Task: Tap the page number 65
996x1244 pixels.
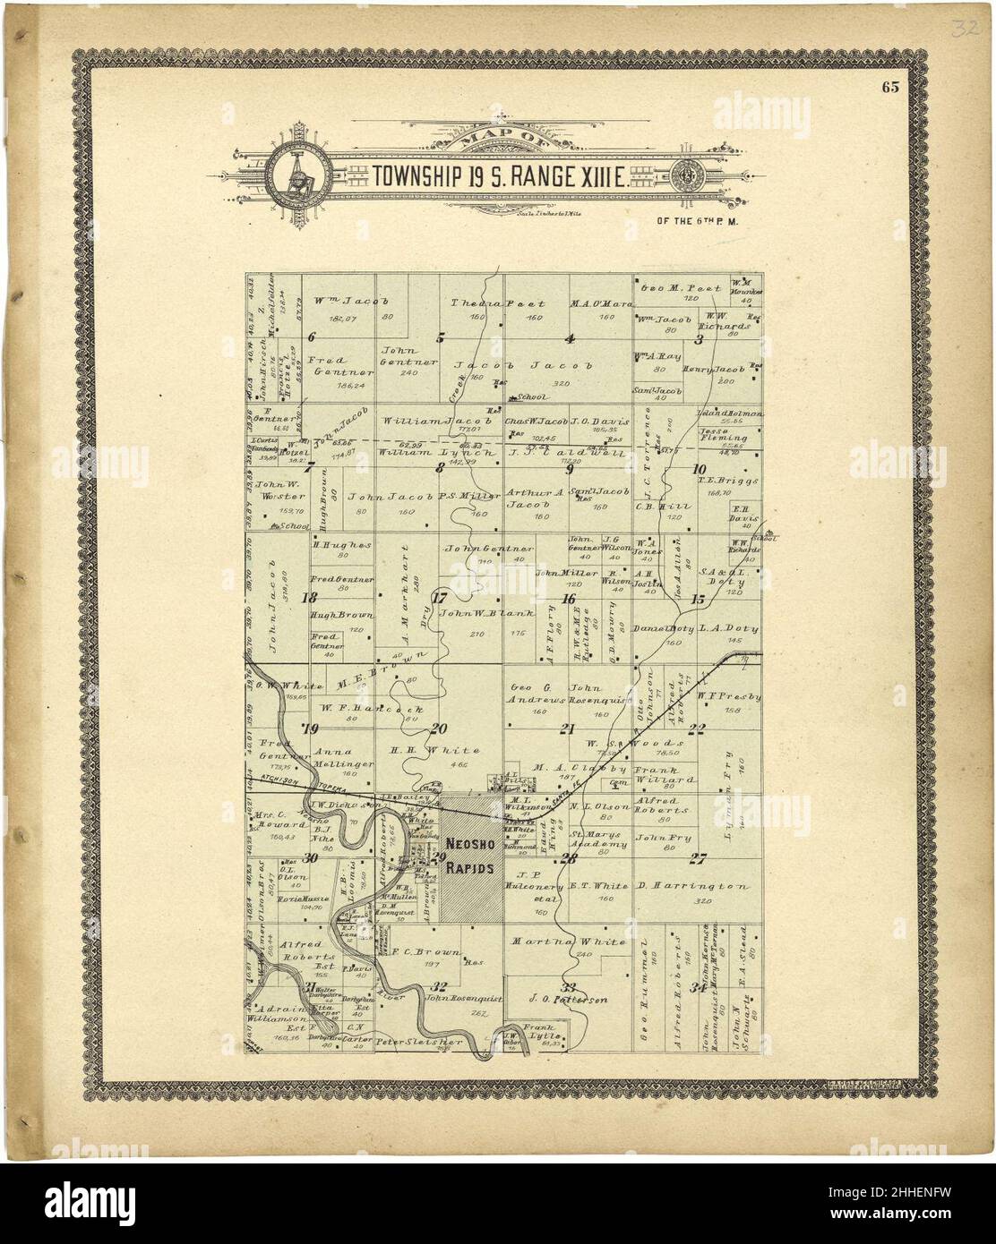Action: click(x=889, y=87)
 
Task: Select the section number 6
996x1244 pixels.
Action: click(x=311, y=337)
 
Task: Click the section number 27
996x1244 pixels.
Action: click(x=698, y=859)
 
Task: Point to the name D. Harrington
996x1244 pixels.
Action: click(x=692, y=886)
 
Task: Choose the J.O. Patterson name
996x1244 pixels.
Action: click(x=569, y=999)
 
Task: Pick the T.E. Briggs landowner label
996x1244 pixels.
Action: click(x=716, y=479)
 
